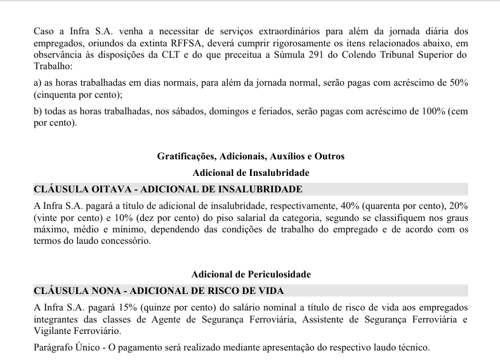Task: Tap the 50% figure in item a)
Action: click(457, 83)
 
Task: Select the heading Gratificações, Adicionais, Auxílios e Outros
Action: click(251, 156)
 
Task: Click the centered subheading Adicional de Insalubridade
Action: click(251, 172)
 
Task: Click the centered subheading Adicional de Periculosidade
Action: click(251, 274)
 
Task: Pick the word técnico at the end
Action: click(414, 348)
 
